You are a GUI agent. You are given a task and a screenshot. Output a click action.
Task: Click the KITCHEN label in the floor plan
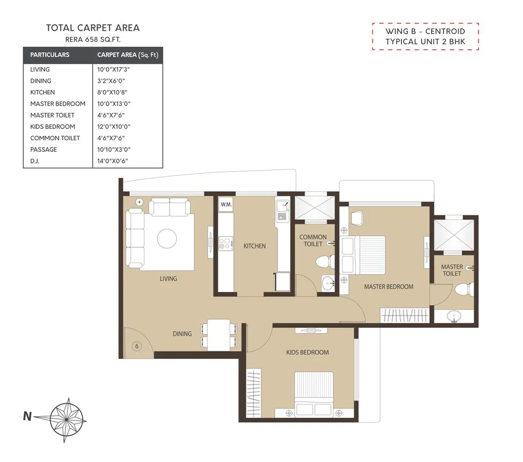254,246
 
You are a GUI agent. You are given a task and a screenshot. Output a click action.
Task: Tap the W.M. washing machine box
226,205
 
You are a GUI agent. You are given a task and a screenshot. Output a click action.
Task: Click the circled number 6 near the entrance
137,346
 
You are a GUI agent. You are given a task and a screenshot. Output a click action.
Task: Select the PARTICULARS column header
50,54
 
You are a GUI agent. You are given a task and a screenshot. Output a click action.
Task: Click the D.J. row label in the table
35,161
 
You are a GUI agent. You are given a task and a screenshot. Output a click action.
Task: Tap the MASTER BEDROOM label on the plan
388,287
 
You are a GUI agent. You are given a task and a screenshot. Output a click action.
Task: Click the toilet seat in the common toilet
322,262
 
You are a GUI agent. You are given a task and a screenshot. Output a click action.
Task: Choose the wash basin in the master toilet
454,316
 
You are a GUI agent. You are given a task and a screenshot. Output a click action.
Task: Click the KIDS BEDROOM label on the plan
307,353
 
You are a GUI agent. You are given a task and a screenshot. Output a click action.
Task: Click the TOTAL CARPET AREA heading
92,28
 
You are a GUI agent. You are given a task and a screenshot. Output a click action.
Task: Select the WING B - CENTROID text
425,31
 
